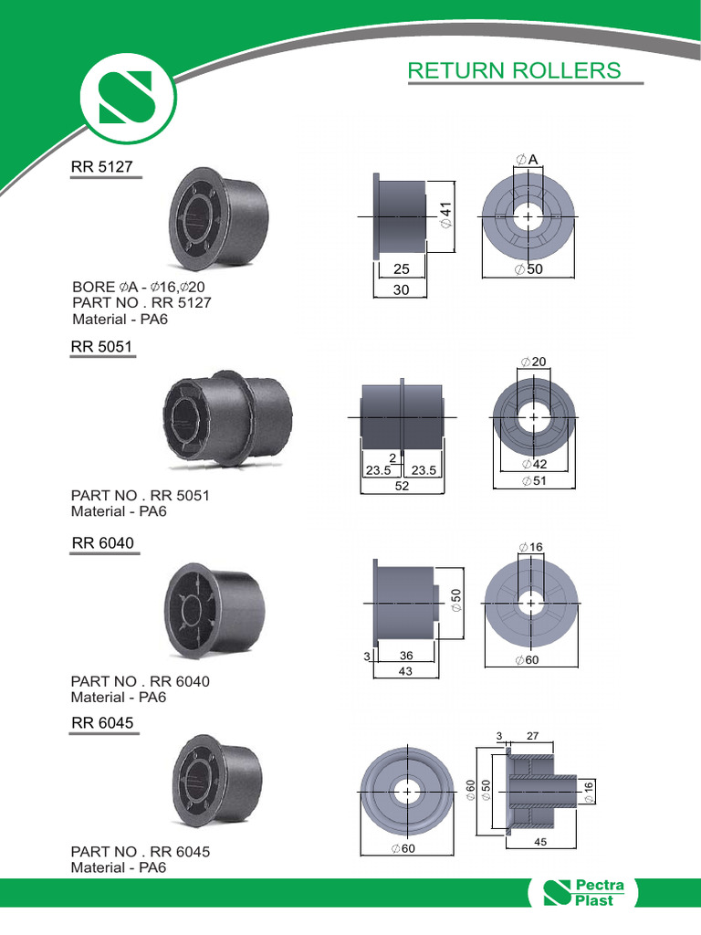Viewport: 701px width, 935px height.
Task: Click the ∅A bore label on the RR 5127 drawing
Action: coord(528,161)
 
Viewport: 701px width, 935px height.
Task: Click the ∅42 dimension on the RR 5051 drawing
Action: coord(533,465)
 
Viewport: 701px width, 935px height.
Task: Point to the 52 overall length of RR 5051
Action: coord(402,487)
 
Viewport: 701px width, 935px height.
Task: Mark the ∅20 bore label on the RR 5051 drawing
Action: coord(533,362)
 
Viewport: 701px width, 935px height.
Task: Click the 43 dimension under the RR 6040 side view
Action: coord(405,671)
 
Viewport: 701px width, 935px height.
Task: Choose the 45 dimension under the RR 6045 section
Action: coord(540,844)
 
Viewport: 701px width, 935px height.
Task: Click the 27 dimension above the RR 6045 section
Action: coord(533,735)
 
